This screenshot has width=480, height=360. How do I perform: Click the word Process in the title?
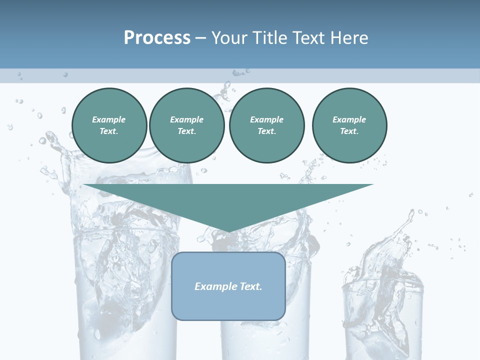pos(157,38)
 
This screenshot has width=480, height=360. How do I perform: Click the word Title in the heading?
pos(269,38)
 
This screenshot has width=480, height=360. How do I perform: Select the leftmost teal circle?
pos(109,125)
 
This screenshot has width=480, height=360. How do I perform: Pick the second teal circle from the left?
pos(186,125)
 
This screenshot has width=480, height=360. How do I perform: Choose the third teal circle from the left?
pos(266,125)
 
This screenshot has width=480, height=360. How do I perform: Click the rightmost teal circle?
pos(349,125)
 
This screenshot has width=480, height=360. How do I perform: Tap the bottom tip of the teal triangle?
pos(228,230)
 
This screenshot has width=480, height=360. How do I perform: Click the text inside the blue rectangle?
pos(228,286)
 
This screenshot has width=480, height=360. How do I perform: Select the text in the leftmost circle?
pos(109,125)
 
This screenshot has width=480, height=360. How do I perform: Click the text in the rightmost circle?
pos(349,125)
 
